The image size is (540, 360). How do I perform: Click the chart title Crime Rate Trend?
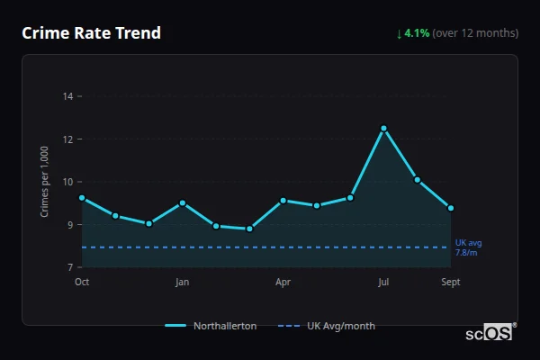pyautogui.click(x=91, y=33)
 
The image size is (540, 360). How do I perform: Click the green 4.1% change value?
pyautogui.click(x=417, y=33)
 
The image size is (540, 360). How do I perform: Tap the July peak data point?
pyautogui.click(x=383, y=128)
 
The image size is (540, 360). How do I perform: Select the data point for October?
pyautogui.click(x=82, y=198)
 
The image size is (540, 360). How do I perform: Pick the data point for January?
pyautogui.click(x=182, y=203)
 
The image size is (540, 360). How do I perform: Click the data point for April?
pyautogui.click(x=283, y=201)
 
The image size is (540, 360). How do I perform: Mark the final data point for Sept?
pyautogui.click(x=451, y=208)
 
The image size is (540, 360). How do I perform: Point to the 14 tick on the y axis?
pyautogui.click(x=68, y=95)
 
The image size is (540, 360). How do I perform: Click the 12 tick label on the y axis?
pyautogui.click(x=68, y=139)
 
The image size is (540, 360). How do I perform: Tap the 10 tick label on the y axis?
pyautogui.click(x=68, y=182)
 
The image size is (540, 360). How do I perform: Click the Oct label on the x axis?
pyautogui.click(x=82, y=283)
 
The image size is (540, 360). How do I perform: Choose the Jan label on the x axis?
pyautogui.click(x=182, y=283)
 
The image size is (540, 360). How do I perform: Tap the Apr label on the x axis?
pyautogui.click(x=283, y=283)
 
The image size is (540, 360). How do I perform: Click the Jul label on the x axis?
pyautogui.click(x=383, y=283)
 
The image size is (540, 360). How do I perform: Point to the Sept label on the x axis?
pyautogui.click(x=451, y=283)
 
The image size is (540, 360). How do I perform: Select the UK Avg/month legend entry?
pyautogui.click(x=328, y=326)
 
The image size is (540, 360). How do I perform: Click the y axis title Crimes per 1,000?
pyautogui.click(x=45, y=182)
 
